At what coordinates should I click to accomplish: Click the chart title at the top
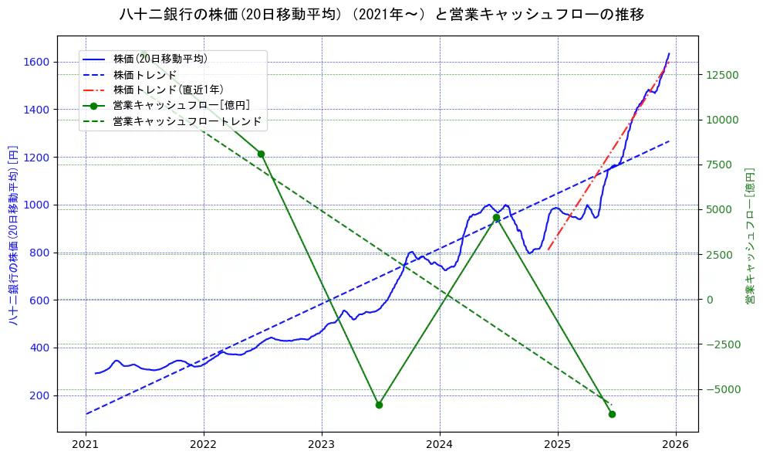click(x=382, y=15)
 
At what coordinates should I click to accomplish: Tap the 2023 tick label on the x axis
click(x=322, y=446)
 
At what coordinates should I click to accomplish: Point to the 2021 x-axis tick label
click(x=86, y=446)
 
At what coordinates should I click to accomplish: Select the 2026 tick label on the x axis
click(x=676, y=446)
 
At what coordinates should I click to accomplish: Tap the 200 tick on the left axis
click(x=40, y=395)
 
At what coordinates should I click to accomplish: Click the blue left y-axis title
click(x=13, y=234)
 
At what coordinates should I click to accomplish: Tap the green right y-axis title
click(x=749, y=234)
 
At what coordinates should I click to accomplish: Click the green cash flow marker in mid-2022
click(x=261, y=154)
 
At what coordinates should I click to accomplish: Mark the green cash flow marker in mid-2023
click(x=379, y=405)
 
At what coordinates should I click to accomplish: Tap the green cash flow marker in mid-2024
click(x=496, y=218)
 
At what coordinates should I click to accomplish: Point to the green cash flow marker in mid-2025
click(x=612, y=414)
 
